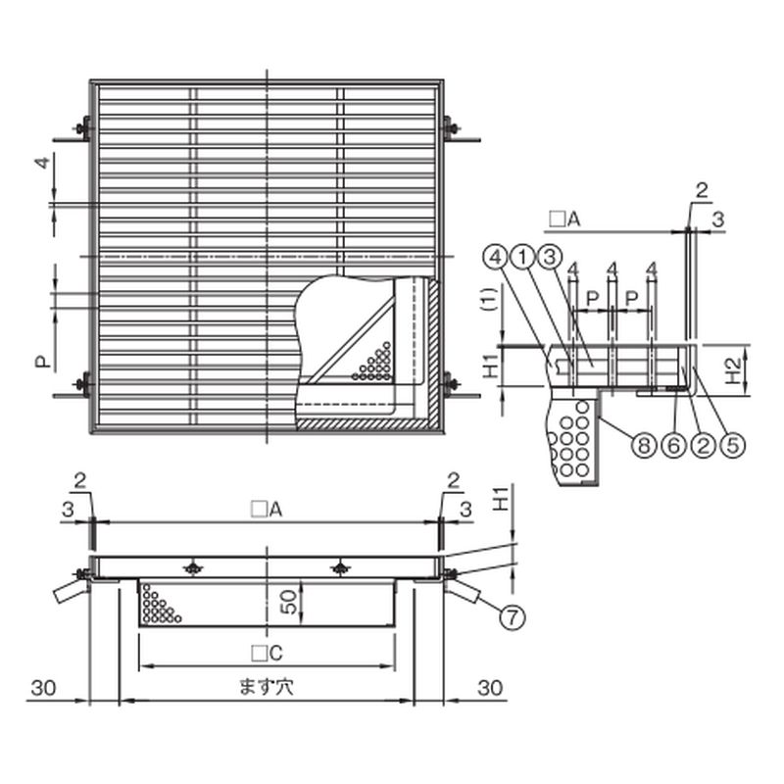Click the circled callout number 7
pyautogui.click(x=513, y=617)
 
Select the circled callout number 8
pyautogui.click(x=644, y=445)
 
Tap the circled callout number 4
pyautogui.click(x=496, y=258)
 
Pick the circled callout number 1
pyautogui.click(x=523, y=258)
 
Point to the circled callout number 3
pyautogui.click(x=550, y=258)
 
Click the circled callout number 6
pyautogui.click(x=673, y=445)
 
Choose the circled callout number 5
pyautogui.click(x=732, y=445)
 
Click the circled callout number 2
pyautogui.click(x=703, y=445)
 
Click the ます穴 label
pyautogui.click(x=267, y=687)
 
